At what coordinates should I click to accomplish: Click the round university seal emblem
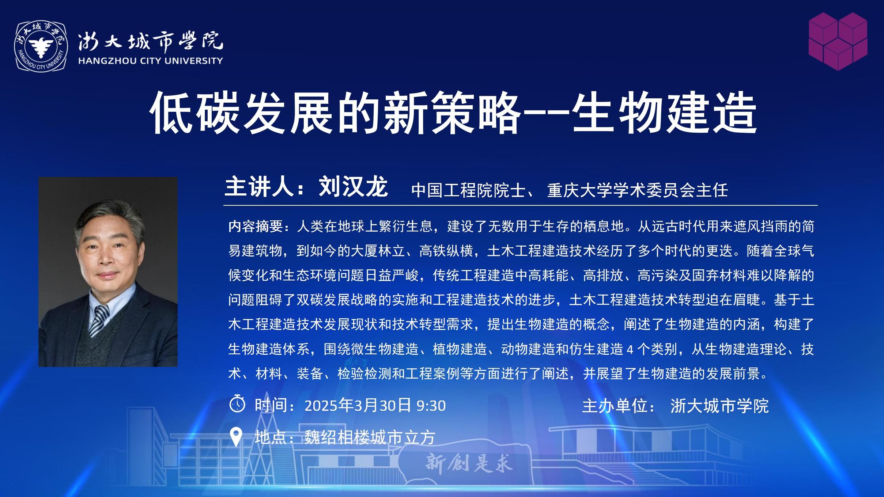tap(41, 46)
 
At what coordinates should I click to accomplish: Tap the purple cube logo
tap(838, 41)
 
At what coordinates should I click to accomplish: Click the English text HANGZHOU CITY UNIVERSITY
tap(151, 61)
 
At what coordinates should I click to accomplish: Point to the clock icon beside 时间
tap(237, 404)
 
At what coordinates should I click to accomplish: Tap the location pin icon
tap(236, 437)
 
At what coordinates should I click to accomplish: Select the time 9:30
tap(431, 406)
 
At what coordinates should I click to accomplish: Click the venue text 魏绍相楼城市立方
tap(370, 438)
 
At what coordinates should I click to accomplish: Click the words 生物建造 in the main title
tap(664, 113)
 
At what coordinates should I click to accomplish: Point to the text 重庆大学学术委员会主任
tap(638, 190)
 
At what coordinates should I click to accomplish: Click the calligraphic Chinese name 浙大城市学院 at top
tap(150, 41)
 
